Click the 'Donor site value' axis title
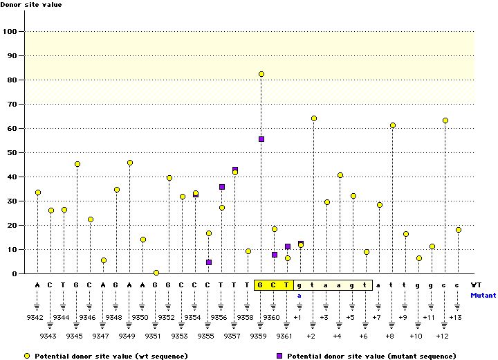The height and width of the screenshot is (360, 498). point(30,5)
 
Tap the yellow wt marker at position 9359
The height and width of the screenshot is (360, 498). point(261,74)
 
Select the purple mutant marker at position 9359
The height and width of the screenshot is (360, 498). point(261,139)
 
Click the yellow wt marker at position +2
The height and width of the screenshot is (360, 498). point(314,118)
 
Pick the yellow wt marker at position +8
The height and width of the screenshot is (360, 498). point(393,125)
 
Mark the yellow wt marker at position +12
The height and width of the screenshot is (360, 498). point(445,120)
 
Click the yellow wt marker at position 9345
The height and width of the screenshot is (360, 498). point(77,164)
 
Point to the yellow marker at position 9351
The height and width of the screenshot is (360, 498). point(156,273)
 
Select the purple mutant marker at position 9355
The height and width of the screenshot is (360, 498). point(209,262)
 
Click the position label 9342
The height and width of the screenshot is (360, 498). point(35,317)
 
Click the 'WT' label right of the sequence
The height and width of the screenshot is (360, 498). point(476,285)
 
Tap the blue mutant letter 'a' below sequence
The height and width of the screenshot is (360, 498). point(300,295)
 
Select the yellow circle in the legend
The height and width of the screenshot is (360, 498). point(27,355)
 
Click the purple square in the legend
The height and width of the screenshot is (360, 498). point(279,355)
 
